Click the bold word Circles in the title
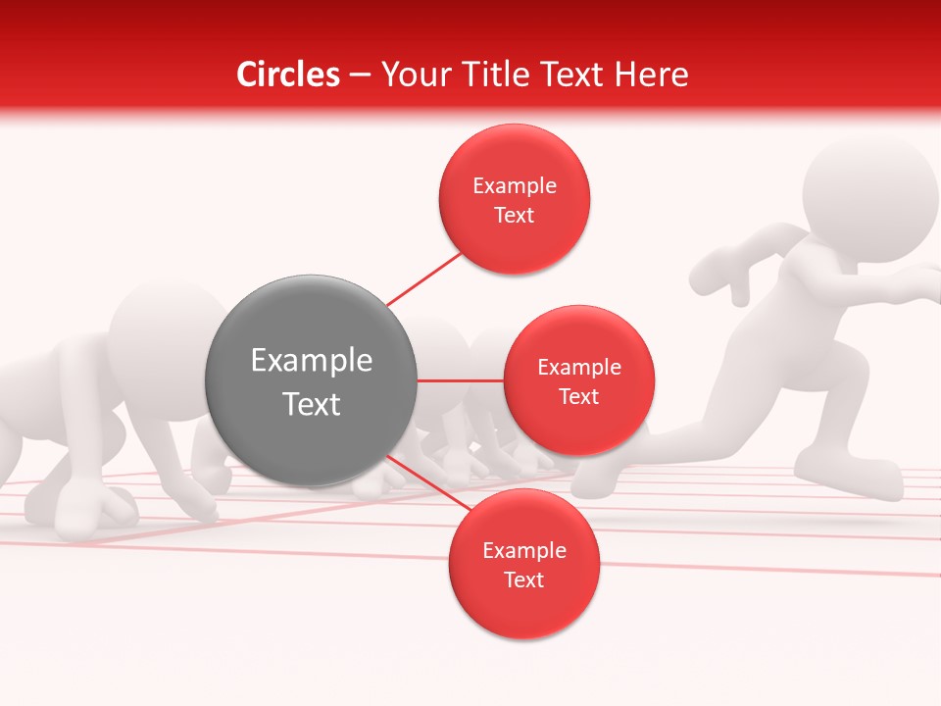[x=288, y=75]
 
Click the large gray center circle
[x=311, y=380]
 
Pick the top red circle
[x=514, y=199]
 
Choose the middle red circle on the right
[x=578, y=380]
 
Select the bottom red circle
[x=523, y=564]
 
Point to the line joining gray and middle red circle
[x=461, y=380]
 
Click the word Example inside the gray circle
[x=311, y=361]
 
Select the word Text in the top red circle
[x=514, y=215]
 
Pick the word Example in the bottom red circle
[x=523, y=550]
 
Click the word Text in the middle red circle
[x=578, y=396]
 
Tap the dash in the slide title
[x=359, y=76]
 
